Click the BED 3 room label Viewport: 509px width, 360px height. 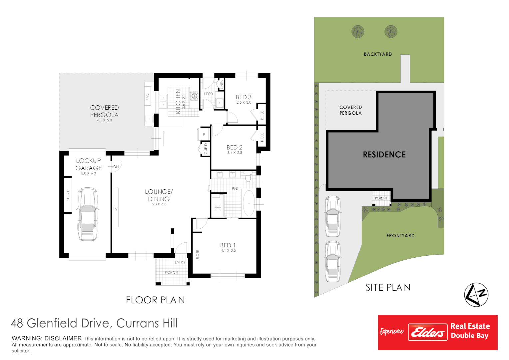click(x=244, y=97)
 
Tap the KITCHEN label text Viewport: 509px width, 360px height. click(x=178, y=101)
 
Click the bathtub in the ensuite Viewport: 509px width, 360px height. click(x=249, y=203)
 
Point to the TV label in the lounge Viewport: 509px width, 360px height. click(x=115, y=209)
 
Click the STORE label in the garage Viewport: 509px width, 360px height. click(x=68, y=195)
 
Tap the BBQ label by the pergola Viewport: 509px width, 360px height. click(x=148, y=97)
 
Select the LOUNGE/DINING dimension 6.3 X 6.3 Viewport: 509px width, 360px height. click(x=159, y=204)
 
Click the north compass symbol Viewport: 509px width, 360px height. click(x=476, y=295)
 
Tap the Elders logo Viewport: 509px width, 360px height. click(x=427, y=332)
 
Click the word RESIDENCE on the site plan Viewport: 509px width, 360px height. click(x=384, y=155)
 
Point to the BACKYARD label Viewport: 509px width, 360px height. click(x=377, y=54)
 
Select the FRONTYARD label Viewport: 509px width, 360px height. click(x=400, y=236)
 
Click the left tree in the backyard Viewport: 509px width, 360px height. click(x=357, y=32)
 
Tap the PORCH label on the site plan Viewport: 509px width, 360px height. click(x=381, y=198)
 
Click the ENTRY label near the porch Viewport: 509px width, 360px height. click(x=180, y=262)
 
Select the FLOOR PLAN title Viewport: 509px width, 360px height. click(x=155, y=300)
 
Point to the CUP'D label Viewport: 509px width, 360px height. click(x=206, y=149)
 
